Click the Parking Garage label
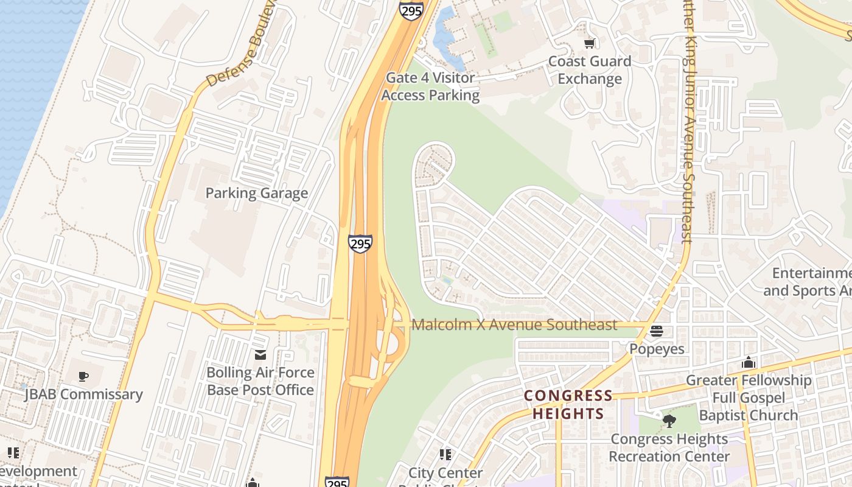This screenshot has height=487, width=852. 256,194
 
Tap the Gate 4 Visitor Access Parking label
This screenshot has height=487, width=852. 430,86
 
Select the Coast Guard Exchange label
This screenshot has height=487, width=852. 590,70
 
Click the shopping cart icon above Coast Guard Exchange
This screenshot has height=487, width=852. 589,43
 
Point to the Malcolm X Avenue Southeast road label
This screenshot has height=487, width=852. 514,325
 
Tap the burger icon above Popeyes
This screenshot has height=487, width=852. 657,331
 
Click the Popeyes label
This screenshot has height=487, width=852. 657,349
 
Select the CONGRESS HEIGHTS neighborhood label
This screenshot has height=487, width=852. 569,405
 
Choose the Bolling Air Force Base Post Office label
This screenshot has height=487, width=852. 260,381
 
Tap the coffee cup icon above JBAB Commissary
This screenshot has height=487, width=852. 83,377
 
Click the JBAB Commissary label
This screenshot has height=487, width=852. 83,394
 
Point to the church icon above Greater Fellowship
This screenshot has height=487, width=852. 749,363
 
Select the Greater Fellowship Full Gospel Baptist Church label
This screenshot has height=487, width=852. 749,398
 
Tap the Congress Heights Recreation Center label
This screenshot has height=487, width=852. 669,447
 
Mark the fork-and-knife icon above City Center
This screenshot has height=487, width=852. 445,455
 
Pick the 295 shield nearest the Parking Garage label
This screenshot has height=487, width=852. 360,244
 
